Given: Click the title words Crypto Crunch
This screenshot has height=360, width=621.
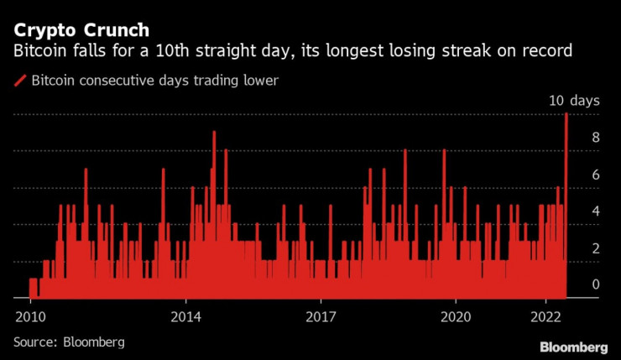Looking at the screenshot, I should pos(81,30).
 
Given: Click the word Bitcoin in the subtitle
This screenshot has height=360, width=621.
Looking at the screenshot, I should pos(40,51).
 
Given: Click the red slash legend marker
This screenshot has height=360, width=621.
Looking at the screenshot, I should pos(19,81).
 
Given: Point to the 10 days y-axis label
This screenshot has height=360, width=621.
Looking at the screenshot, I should pos(574,101).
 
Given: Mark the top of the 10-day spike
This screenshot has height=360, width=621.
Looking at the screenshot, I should pos(567,114).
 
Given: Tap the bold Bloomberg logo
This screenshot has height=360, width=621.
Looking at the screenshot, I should pos(574,347).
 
